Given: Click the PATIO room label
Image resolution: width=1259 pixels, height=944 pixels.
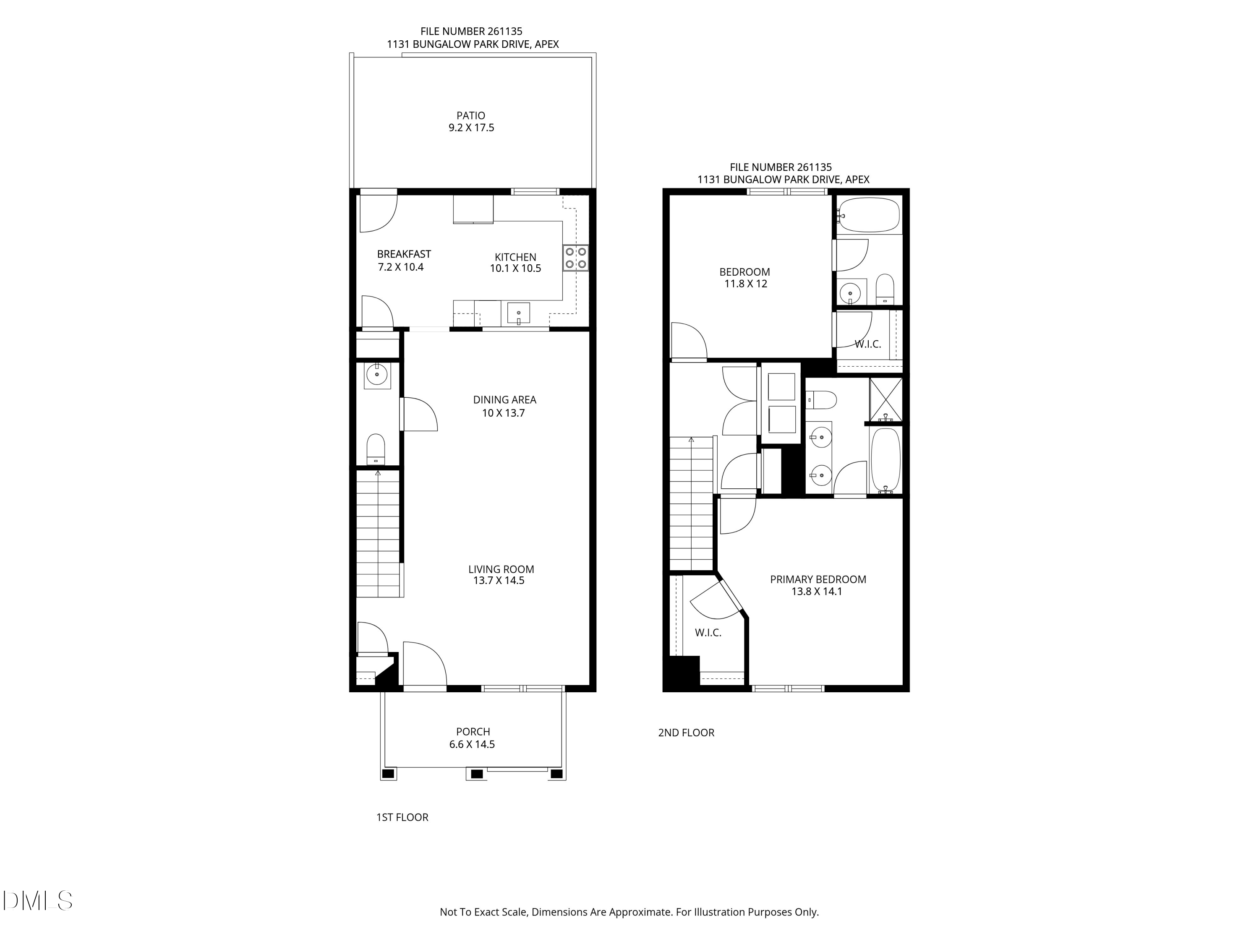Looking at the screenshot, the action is coord(471,115).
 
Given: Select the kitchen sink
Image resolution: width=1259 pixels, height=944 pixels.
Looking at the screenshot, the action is coord(519,313).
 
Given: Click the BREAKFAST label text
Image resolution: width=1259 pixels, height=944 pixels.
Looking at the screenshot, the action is coord(404,254).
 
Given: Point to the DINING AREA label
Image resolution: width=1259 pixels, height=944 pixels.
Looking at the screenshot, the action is coord(505,399).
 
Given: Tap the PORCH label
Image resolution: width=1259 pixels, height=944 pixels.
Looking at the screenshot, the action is coord(473,732).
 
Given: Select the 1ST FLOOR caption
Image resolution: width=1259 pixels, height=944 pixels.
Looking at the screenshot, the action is coord(402,817).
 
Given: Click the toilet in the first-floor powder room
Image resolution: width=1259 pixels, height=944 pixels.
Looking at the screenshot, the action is coord(376,449).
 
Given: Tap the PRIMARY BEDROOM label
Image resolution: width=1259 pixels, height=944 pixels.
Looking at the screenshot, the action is coord(818,579).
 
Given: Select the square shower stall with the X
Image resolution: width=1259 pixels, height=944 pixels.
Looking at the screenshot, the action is coord(885,399).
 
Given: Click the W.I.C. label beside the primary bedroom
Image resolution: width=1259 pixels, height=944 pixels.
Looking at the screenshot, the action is coord(708,632).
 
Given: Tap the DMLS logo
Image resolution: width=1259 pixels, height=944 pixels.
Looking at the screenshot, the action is coord(38,900).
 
